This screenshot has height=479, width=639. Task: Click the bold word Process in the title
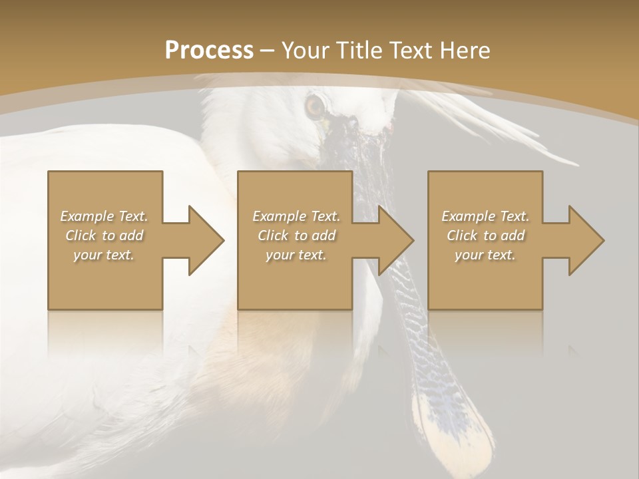[x=209, y=51]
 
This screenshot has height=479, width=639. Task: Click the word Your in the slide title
[x=308, y=51]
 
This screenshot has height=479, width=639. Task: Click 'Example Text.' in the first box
[x=104, y=216]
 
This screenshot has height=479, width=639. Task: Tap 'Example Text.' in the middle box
[x=296, y=216]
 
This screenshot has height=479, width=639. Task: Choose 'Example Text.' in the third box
[x=485, y=216]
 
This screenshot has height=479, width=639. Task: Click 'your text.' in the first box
[x=104, y=255]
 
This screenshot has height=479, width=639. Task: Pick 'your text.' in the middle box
[x=296, y=255]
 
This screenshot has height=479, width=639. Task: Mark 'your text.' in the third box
[x=485, y=255]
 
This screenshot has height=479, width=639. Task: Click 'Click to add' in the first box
[x=104, y=236]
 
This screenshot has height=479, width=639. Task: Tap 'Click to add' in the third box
[x=485, y=236]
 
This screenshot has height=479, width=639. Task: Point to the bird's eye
[x=314, y=105]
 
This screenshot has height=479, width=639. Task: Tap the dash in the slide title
[x=268, y=51]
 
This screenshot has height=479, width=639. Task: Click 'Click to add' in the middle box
[x=296, y=236]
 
